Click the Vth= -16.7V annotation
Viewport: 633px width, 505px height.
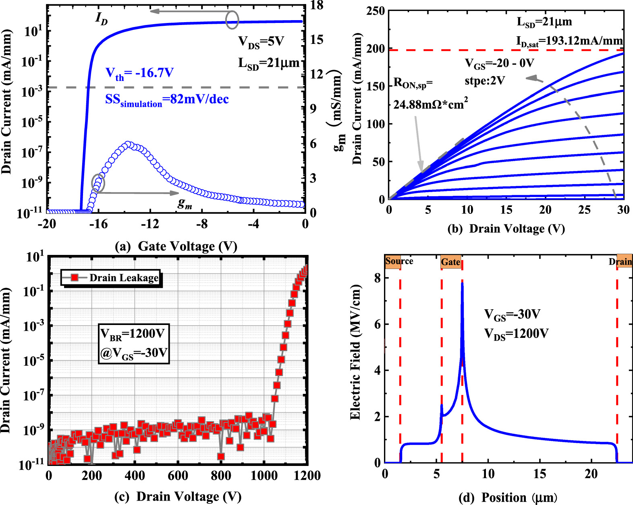pyautogui.click(x=139, y=73)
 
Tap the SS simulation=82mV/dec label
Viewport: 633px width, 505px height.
pyautogui.click(x=167, y=99)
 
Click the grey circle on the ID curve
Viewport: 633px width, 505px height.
pyautogui.click(x=232, y=19)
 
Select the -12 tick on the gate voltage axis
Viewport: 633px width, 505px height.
pyautogui.click(x=150, y=224)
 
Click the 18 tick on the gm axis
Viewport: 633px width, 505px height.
pyautogui.click(x=317, y=5)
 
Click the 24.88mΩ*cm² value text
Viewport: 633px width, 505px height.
pyautogui.click(x=430, y=104)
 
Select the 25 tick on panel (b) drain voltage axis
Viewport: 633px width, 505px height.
pyautogui.click(x=584, y=209)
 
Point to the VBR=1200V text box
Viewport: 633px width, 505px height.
pyautogui.click(x=134, y=344)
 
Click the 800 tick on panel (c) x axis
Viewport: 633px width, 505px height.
pyautogui.click(x=221, y=476)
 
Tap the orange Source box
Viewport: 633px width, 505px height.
pyautogui.click(x=399, y=261)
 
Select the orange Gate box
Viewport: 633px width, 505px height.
pyautogui.click(x=450, y=262)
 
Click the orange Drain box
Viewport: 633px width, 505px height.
pyautogui.click(x=624, y=262)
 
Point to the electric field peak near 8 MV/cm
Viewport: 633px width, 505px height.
pyautogui.click(x=462, y=284)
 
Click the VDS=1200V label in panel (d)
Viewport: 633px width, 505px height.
pyautogui.click(x=516, y=334)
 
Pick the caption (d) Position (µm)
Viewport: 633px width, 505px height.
pyautogui.click(x=508, y=498)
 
